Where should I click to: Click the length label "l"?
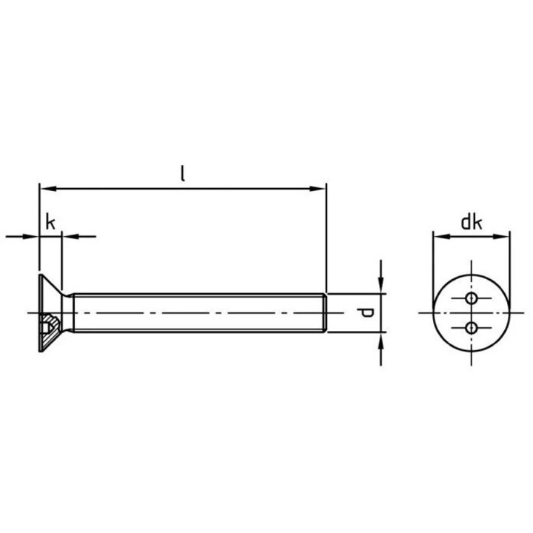(183, 174)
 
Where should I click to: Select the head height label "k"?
(50, 221)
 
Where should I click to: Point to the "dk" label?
(472, 221)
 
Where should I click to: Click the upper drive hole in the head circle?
(472, 298)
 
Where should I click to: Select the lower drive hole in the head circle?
(472, 327)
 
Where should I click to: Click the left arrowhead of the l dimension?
(45, 189)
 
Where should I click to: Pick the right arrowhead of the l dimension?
(319, 189)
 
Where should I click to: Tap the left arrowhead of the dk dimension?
(439, 237)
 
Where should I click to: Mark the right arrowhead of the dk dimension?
(503, 237)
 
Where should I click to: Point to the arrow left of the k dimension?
(32, 236)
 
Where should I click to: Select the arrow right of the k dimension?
(68, 236)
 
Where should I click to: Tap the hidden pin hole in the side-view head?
(49, 324)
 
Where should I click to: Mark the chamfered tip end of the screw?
(324, 312)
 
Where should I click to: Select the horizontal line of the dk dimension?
(472, 237)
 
